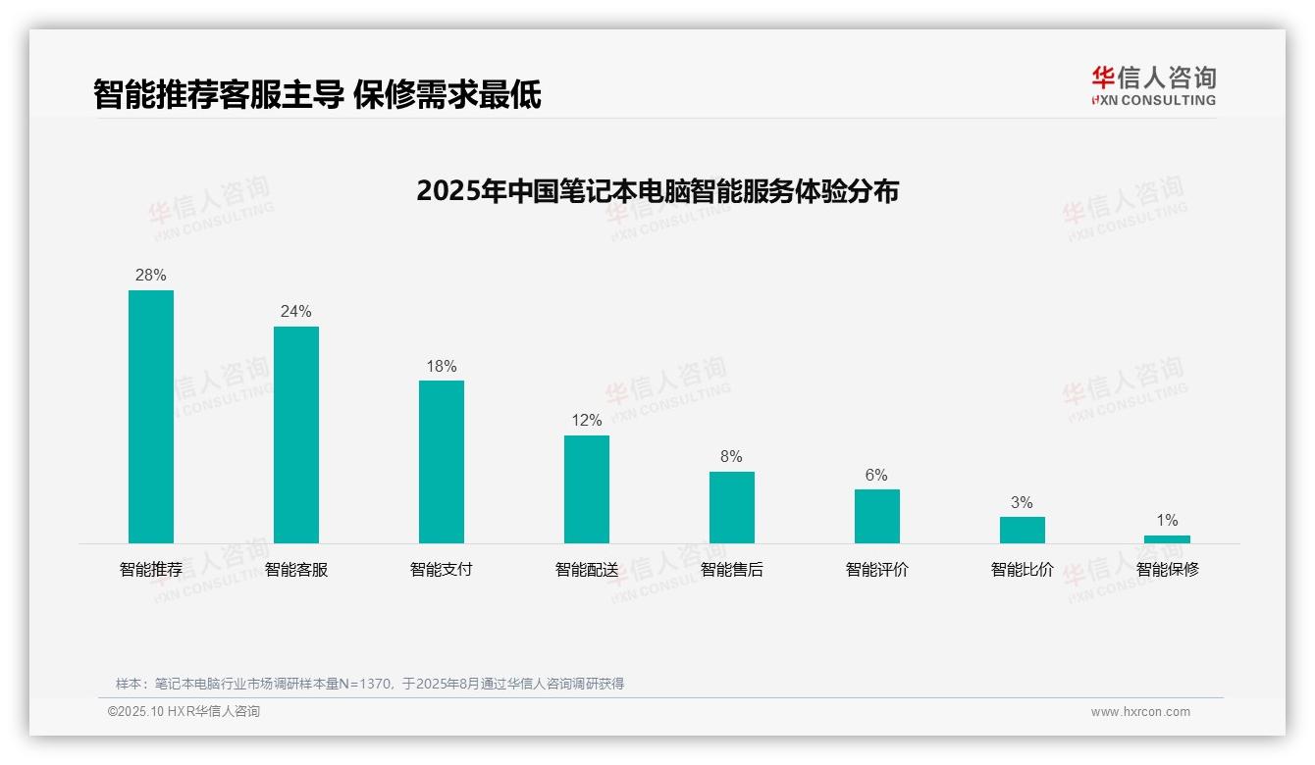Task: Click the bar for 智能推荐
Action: (151, 417)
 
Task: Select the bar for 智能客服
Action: (296, 434)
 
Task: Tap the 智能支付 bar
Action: (442, 462)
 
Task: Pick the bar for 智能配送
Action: (587, 489)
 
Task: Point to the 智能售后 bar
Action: (732, 507)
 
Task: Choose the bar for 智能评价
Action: (877, 516)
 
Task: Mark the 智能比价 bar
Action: (1023, 530)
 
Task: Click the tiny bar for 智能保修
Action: (1167, 539)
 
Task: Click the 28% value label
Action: (151, 276)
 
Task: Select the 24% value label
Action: (296, 312)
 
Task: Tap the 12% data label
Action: (587, 421)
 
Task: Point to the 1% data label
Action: (1167, 521)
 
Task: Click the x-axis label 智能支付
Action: (442, 569)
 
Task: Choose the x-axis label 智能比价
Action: (1023, 569)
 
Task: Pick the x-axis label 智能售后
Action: (732, 569)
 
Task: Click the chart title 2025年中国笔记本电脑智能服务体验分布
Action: (657, 191)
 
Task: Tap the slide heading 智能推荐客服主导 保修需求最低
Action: (317, 95)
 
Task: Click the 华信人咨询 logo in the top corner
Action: (1153, 85)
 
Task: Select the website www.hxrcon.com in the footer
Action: (1140, 712)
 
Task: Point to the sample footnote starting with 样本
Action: (370, 684)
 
